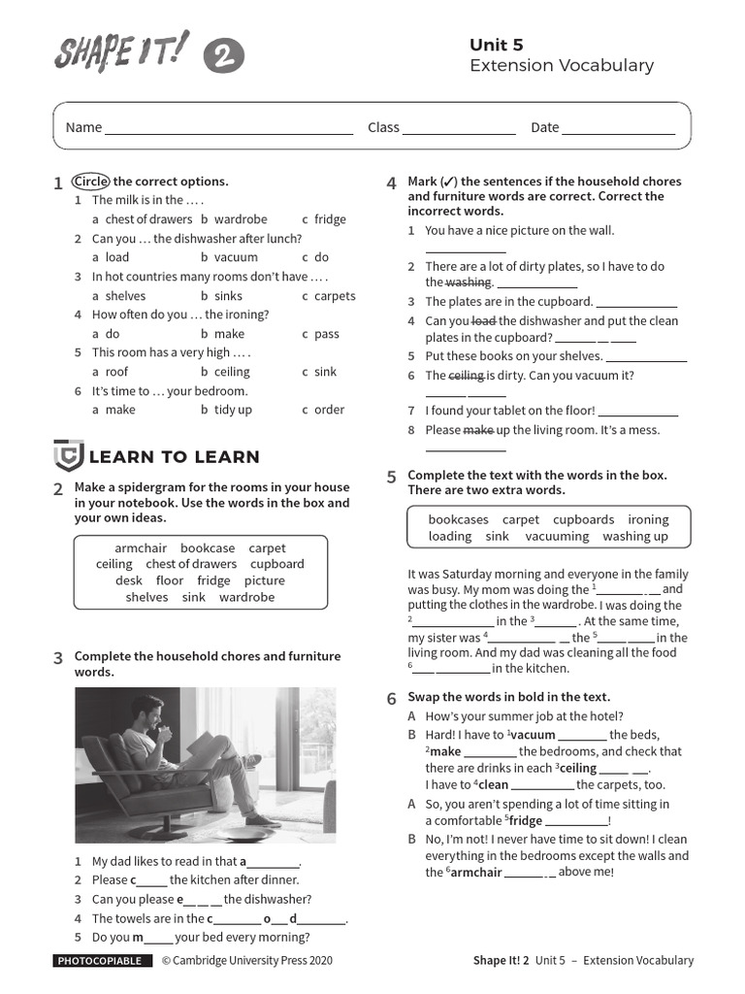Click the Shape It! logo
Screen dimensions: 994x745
121,51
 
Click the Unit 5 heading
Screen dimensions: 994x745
496,45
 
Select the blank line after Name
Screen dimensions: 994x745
229,128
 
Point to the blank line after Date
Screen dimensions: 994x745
618,128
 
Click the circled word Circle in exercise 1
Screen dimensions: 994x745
92,182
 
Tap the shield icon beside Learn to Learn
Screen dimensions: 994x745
67,455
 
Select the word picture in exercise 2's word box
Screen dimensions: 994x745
265,580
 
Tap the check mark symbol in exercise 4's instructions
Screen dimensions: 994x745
448,182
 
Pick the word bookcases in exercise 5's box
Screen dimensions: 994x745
458,519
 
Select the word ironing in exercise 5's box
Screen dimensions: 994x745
648,519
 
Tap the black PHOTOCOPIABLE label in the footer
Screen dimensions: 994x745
102,961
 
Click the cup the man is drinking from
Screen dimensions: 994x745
165,730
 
